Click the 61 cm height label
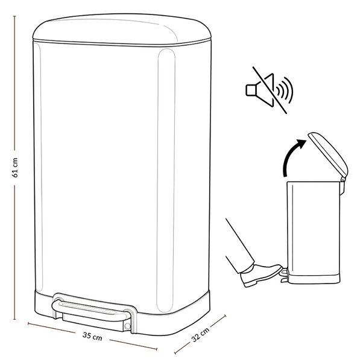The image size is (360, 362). tap(15, 168)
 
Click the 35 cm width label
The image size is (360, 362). tap(92, 336)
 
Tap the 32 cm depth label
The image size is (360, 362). tap(200, 334)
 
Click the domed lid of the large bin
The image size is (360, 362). tap(122, 30)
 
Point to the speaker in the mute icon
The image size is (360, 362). tap(260, 90)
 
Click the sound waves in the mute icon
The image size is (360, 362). tap(285, 89)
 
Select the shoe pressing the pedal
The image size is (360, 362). tap(261, 275)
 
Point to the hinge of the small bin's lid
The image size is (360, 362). tap(343, 179)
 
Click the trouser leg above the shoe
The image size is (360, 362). tap(240, 246)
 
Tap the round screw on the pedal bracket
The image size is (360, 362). tap(127, 326)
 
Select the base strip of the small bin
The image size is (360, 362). tap(314, 279)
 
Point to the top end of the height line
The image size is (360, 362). tap(14, 16)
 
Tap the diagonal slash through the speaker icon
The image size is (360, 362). tap(270, 90)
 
